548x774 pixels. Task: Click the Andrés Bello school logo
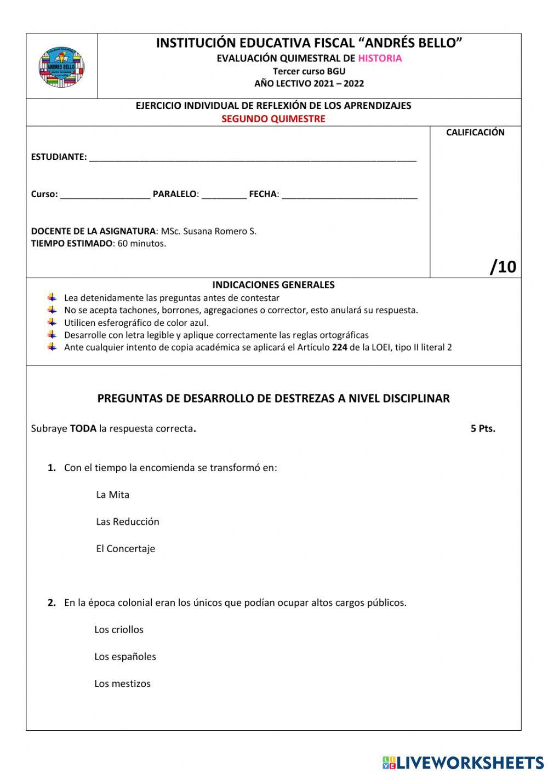coord(61,67)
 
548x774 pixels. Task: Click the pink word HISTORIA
coord(380,58)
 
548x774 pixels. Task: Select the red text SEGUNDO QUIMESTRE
coord(273,119)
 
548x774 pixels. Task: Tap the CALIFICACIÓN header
coord(475,133)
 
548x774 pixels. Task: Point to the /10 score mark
coord(503,267)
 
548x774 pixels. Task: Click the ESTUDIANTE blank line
coord(253,158)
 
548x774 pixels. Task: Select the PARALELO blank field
coord(224,195)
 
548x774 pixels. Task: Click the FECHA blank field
coord(349,195)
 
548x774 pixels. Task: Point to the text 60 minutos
coord(141,244)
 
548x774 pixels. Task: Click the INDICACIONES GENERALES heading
coord(273,285)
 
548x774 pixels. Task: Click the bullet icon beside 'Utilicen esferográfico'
coord(52,322)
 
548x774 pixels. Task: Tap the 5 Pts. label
coord(483,428)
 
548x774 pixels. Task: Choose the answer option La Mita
coord(112,495)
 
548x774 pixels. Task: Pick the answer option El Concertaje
coord(125,549)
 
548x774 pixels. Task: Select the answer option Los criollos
coord(119,630)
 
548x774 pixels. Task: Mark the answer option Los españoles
coord(125,657)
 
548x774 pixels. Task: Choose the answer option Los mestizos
coord(122,684)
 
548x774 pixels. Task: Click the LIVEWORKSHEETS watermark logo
coord(463,762)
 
